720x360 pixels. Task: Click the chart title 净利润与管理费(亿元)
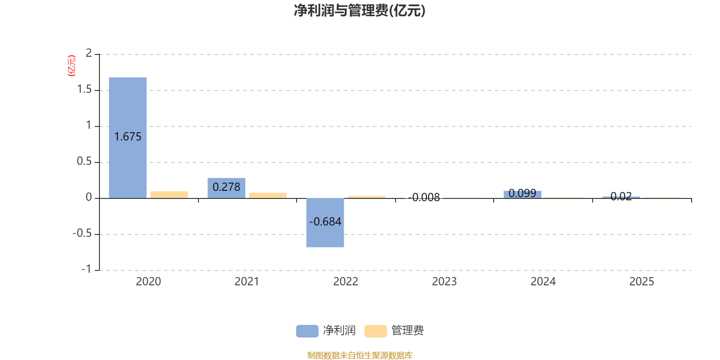pos(360,10)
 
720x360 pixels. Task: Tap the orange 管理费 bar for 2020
pos(169,194)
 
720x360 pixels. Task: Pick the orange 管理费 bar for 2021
pos(268,195)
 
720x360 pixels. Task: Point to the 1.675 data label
pos(128,137)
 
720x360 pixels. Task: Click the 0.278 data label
pos(226,187)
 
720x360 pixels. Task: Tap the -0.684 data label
pos(325,221)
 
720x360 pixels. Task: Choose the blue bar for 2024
pos(522,194)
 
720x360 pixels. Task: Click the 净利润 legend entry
pos(326,331)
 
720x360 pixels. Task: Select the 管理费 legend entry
pos(394,331)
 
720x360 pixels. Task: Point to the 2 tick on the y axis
pos(89,54)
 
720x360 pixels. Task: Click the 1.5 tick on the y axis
pos(84,90)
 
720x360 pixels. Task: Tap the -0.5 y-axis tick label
pos(82,234)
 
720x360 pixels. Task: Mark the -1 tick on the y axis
pos(86,269)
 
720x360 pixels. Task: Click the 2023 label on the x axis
pos(444,282)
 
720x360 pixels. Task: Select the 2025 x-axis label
pos(642,282)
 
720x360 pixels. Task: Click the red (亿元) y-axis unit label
pos(72,66)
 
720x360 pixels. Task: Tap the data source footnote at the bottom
pos(360,355)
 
